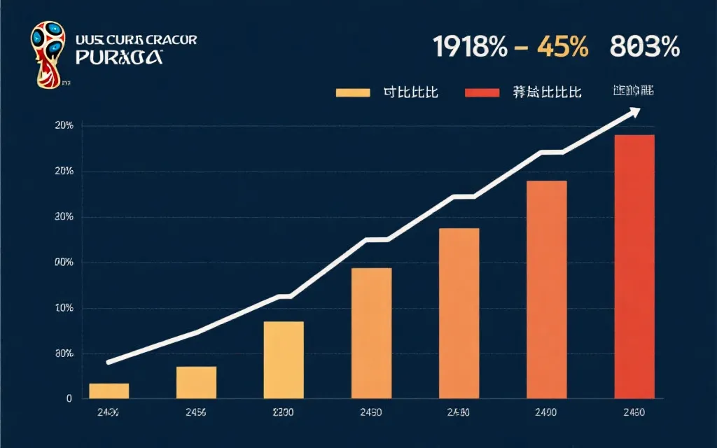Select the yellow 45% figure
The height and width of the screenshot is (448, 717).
point(562,47)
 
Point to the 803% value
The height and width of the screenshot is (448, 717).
point(644,47)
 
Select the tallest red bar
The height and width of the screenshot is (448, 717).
point(634,266)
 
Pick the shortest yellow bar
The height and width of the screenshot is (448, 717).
point(109,391)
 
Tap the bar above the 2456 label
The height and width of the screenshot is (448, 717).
point(196,382)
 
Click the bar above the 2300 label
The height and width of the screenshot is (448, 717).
point(284,360)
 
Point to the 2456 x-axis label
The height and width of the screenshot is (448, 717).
point(196,413)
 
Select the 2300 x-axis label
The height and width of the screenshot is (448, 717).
point(284,413)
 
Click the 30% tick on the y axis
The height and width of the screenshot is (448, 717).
point(64,217)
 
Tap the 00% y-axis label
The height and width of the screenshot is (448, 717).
point(64,262)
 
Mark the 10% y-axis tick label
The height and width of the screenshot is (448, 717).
point(64,308)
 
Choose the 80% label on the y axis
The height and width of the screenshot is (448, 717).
point(64,353)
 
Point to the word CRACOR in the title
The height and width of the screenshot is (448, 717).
point(167,40)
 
